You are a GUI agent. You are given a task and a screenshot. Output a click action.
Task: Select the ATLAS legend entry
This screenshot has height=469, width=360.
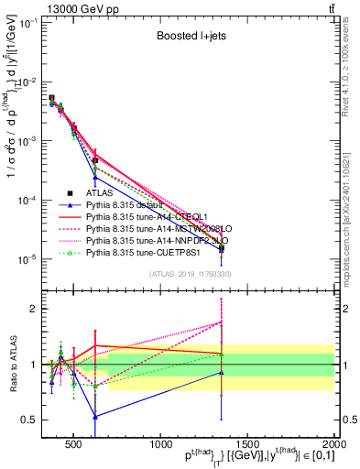(x=100, y=193)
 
